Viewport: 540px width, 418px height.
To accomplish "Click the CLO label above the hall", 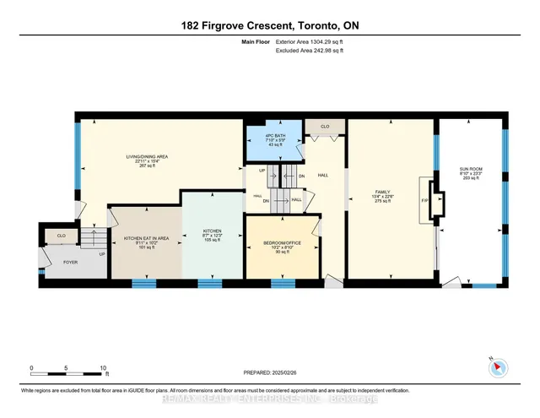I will [x=323, y=126].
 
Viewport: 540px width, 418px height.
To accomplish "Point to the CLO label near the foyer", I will [x=61, y=235].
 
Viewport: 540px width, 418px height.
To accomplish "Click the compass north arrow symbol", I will [x=496, y=366].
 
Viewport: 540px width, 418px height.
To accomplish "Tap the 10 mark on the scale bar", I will [x=103, y=369].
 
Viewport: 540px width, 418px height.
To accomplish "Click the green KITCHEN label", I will [x=211, y=231].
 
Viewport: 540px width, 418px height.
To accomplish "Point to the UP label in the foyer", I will [x=102, y=253].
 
